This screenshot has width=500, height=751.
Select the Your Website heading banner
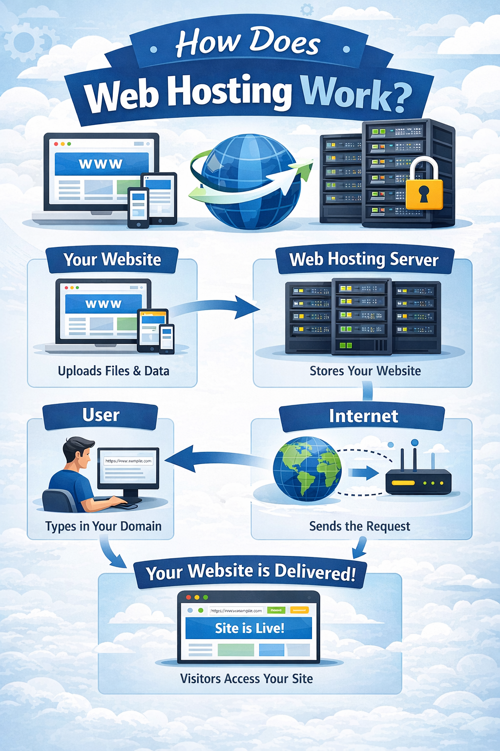(x=112, y=260)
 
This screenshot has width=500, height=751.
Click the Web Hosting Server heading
(x=364, y=260)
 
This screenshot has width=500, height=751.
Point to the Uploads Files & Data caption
(x=113, y=371)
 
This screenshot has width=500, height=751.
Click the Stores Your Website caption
(x=365, y=371)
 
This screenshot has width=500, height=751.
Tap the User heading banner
(x=101, y=416)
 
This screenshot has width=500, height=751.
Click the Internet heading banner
(x=363, y=416)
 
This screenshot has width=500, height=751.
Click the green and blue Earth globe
(x=307, y=468)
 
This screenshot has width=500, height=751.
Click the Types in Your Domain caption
(x=103, y=527)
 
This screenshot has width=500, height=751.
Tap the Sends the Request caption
(x=360, y=527)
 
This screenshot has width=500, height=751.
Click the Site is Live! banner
(x=249, y=628)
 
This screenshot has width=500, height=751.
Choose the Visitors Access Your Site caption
(x=247, y=679)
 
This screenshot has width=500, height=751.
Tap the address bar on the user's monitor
(x=128, y=461)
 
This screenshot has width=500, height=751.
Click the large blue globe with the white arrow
(x=249, y=181)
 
